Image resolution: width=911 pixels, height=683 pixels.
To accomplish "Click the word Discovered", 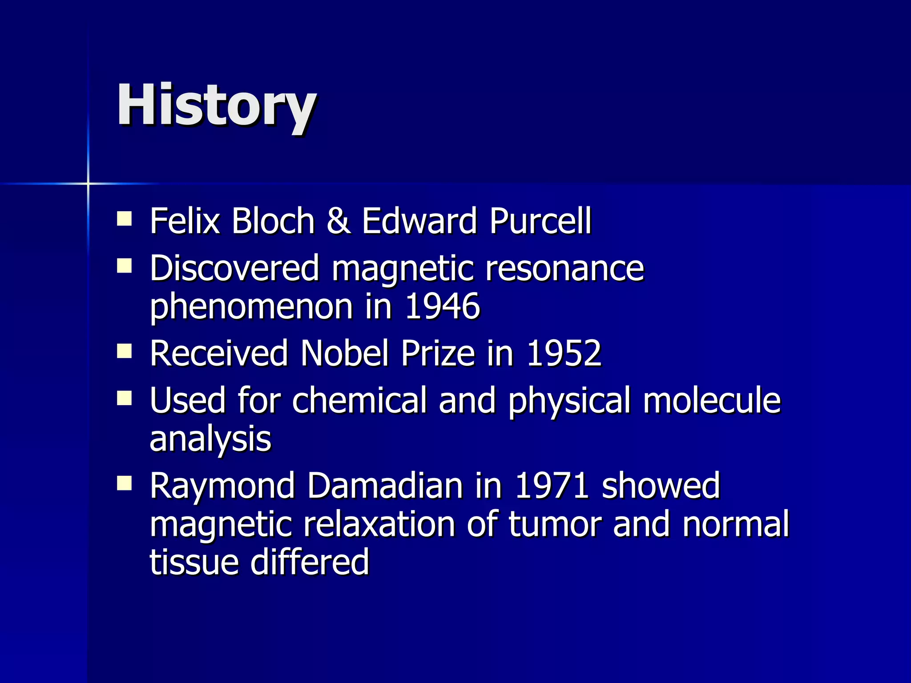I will click(x=234, y=268).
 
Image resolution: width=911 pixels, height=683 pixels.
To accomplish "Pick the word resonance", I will click(x=564, y=269).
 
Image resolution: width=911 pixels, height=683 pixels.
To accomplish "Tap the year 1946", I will click(x=443, y=306).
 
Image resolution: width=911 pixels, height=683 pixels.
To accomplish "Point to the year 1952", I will click(x=564, y=353).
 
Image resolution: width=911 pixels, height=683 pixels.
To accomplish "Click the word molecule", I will click(x=712, y=400).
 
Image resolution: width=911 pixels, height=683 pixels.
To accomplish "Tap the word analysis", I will click(x=210, y=439).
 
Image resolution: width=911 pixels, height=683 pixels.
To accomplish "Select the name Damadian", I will click(x=385, y=486).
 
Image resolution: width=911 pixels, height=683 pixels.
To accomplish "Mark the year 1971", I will click(x=552, y=486).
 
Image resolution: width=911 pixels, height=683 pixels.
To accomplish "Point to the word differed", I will click(x=310, y=562).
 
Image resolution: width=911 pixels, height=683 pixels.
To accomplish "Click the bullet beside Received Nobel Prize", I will click(x=125, y=351).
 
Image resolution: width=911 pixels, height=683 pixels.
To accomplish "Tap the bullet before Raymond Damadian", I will click(x=125, y=483).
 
